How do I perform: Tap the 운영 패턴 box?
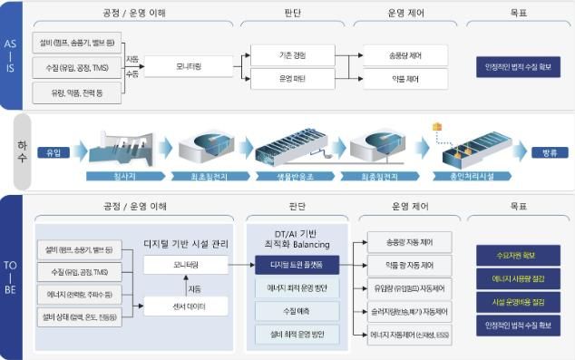(293, 80)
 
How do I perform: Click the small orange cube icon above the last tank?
(436, 126)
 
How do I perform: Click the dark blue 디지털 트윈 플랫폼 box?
(297, 264)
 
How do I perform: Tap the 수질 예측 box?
(297, 311)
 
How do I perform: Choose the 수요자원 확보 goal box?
(517, 255)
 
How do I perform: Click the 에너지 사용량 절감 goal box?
(517, 278)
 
